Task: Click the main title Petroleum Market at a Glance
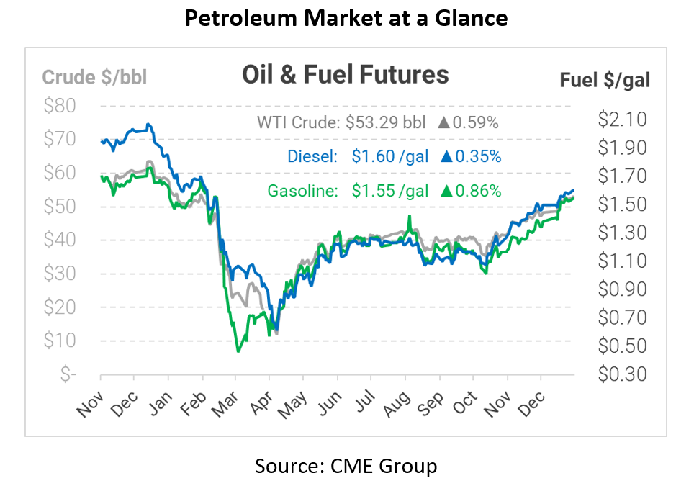(346, 18)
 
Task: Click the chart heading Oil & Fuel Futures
(345, 75)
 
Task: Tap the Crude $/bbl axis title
(94, 78)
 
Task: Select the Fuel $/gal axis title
(605, 80)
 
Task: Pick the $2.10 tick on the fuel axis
(622, 119)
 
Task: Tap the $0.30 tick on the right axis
(622, 374)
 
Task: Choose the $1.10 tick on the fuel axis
(622, 261)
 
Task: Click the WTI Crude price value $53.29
(374, 122)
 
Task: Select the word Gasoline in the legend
(302, 191)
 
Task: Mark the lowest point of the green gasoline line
(238, 351)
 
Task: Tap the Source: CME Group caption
(346, 467)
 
